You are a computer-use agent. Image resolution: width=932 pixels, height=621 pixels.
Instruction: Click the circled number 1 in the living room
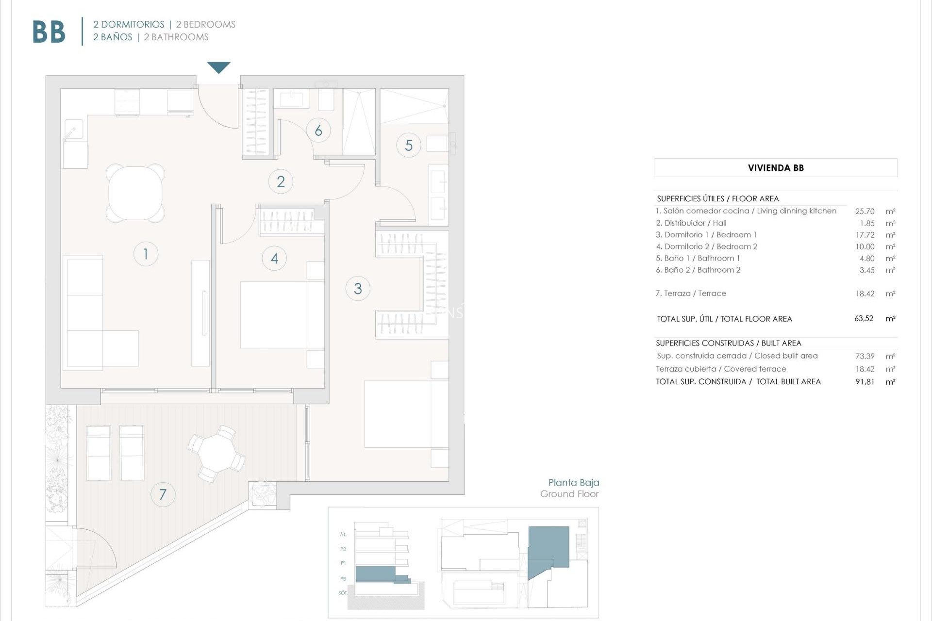[146, 254]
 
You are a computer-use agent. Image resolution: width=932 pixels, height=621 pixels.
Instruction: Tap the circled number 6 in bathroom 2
[318, 130]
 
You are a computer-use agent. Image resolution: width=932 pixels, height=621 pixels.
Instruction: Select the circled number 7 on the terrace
[163, 494]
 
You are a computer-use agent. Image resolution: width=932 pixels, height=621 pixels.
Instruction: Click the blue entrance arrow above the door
[218, 67]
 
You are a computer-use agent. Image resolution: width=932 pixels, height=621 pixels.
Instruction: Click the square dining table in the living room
[135, 193]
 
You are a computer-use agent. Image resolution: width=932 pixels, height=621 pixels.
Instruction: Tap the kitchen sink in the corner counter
[74, 130]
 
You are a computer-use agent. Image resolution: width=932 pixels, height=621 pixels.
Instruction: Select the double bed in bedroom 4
[282, 314]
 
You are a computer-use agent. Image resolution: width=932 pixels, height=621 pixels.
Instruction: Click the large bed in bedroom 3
[406, 414]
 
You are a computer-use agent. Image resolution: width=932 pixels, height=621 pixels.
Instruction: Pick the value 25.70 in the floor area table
[865, 211]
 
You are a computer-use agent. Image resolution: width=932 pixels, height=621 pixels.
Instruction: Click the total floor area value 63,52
[864, 318]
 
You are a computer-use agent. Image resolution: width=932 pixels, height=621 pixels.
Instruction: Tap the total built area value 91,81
[865, 382]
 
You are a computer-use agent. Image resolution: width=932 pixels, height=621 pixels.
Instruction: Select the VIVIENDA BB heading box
[775, 168]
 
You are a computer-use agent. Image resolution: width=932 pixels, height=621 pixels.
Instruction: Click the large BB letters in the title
[49, 33]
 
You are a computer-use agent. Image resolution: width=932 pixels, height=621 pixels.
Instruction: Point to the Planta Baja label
[573, 482]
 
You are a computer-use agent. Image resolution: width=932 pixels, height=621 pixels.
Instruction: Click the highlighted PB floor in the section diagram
[376, 574]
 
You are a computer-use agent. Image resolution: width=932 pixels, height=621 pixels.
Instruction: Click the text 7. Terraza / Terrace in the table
[691, 294]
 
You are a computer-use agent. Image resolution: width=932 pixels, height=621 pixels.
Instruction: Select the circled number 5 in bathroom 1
[409, 145]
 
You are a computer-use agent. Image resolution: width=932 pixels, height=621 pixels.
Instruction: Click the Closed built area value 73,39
[865, 356]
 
